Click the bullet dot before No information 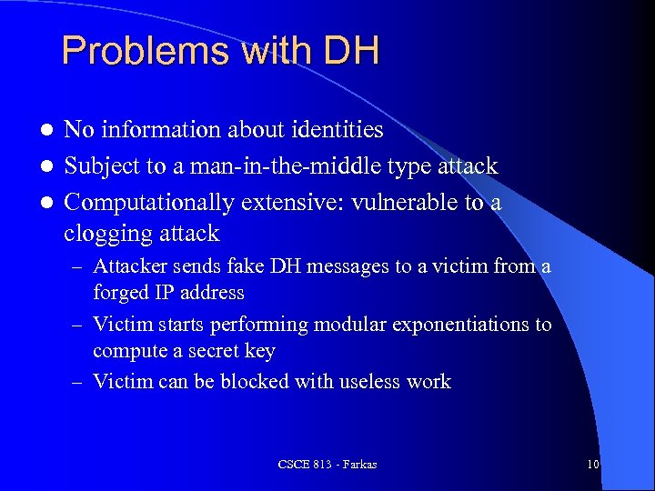(x=46, y=131)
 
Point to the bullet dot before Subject (x=46, y=167)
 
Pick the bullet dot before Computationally (x=46, y=203)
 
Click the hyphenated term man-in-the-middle (x=284, y=166)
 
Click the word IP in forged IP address (x=166, y=293)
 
